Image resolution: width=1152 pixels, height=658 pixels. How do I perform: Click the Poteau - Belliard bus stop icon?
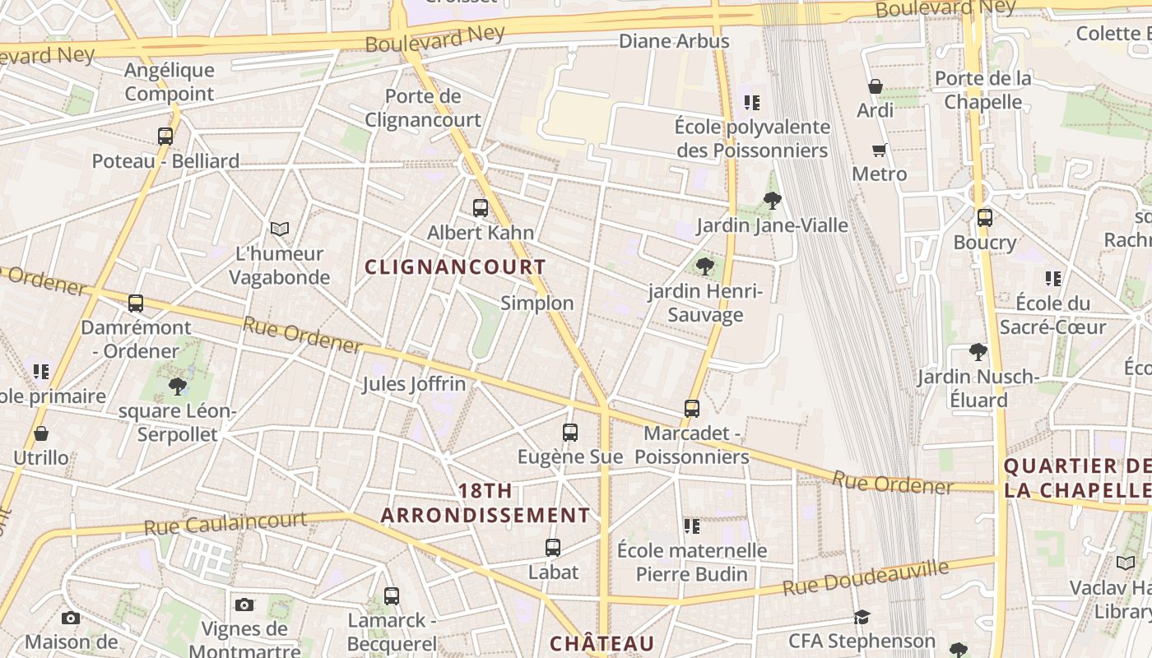click(x=165, y=137)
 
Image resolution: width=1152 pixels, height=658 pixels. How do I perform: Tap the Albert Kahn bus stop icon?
click(x=481, y=208)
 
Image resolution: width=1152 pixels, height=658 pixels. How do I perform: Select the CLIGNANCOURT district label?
click(x=455, y=267)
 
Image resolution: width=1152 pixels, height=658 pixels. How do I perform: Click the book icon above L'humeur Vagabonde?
click(x=280, y=229)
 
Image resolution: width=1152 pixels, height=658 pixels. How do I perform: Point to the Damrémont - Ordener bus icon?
click(x=136, y=304)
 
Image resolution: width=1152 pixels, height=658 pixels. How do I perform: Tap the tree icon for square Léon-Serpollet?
click(x=177, y=386)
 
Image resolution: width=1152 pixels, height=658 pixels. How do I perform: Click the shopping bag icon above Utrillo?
click(x=41, y=433)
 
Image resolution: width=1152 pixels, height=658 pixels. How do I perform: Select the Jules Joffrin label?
click(x=414, y=384)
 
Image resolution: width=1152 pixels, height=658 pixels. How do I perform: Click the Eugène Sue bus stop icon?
click(x=569, y=432)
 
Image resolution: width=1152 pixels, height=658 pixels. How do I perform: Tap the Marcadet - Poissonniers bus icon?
click(x=692, y=409)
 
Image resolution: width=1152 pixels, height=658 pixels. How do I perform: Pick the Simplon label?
click(x=537, y=303)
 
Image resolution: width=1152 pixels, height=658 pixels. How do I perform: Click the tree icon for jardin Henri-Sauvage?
click(x=704, y=266)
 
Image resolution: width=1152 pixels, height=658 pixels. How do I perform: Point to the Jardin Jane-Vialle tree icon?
click(x=772, y=200)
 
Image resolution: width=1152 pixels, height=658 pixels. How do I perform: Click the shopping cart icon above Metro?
click(x=879, y=150)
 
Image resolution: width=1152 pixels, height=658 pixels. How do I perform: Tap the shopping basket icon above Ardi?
click(x=876, y=86)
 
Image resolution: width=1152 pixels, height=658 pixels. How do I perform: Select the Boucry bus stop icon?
click(x=984, y=218)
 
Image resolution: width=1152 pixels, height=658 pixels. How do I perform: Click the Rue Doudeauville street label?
click(x=865, y=578)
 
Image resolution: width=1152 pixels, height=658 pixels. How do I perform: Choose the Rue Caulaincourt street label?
click(x=225, y=523)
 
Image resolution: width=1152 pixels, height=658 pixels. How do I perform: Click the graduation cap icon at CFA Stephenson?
click(x=862, y=617)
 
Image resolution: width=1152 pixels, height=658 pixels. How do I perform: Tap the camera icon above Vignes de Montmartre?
click(x=244, y=605)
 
